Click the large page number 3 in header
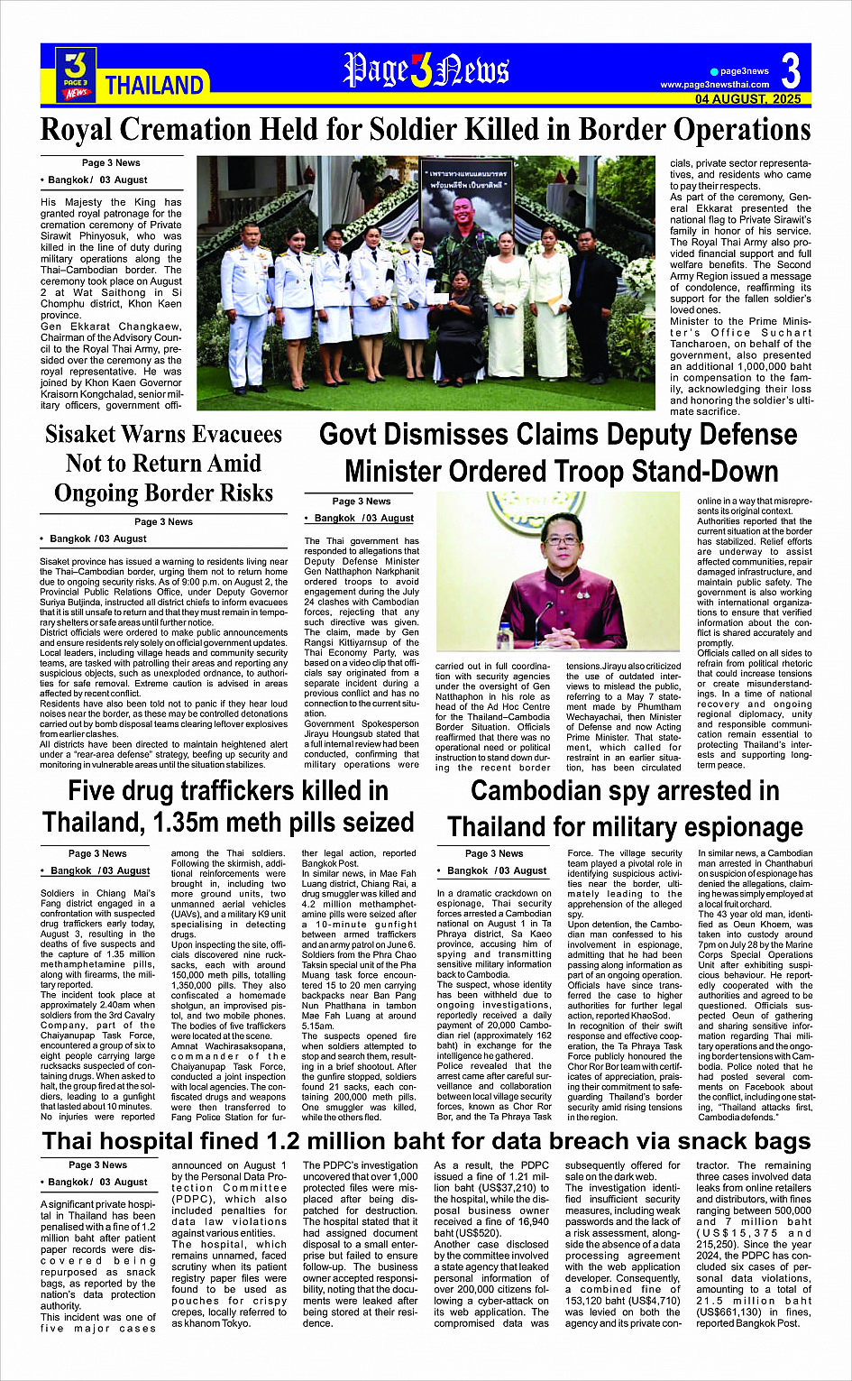pyautogui.click(x=791, y=71)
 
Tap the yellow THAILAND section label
pyautogui.click(x=154, y=86)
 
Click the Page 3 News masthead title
pyautogui.click(x=426, y=71)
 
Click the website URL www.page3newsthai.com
pyautogui.click(x=715, y=85)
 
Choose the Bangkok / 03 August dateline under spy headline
pyautogui.click(x=492, y=870)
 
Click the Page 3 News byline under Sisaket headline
pyautogui.click(x=163, y=521)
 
